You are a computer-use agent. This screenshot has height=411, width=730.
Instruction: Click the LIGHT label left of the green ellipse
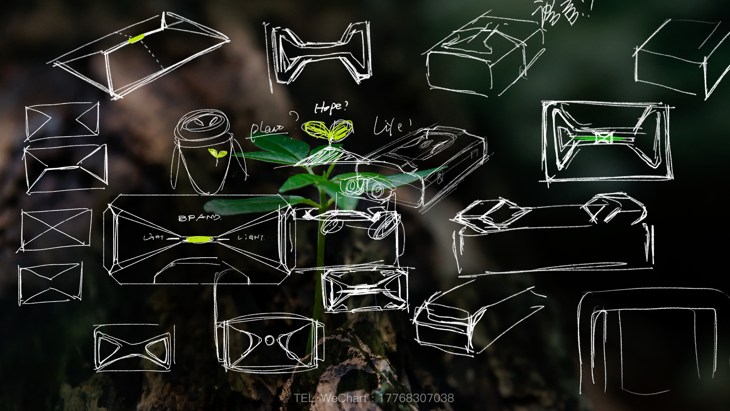[153, 237]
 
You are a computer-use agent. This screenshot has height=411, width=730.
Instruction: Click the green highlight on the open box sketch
[136, 38]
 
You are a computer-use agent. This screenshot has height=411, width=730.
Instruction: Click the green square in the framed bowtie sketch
[604, 138]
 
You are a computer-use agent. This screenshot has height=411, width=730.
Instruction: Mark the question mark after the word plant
[295, 116]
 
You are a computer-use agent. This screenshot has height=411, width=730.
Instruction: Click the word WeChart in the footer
[344, 398]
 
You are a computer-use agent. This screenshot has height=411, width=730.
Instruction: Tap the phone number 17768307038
[416, 398]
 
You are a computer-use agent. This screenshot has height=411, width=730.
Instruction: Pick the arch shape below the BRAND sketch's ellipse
[202, 269]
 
